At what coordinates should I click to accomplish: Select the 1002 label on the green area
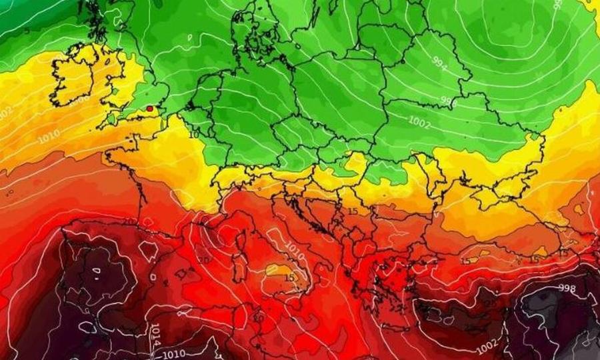(x=420, y=123)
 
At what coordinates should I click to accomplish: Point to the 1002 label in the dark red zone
(x=486, y=348)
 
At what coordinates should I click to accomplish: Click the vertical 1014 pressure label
(x=155, y=333)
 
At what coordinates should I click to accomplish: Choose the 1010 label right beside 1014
(x=175, y=353)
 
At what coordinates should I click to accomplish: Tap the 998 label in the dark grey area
(x=567, y=288)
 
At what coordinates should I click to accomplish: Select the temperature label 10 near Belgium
(x=193, y=135)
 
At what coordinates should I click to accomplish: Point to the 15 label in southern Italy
(x=289, y=277)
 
